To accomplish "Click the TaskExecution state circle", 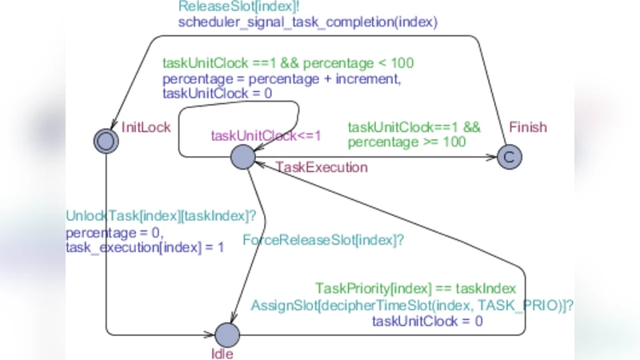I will pyautogui.click(x=242, y=157).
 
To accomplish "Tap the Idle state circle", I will pyautogui.click(x=227, y=334).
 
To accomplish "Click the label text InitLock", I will pyautogui.click(x=146, y=127).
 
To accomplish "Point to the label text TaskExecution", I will pyautogui.click(x=322, y=167).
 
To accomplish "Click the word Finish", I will pyautogui.click(x=528, y=127).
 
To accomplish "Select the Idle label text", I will pyautogui.click(x=222, y=353).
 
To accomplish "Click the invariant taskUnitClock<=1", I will pyautogui.click(x=266, y=135).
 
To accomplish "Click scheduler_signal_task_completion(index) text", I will pyautogui.click(x=308, y=22).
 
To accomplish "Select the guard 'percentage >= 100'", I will pyautogui.click(x=406, y=142).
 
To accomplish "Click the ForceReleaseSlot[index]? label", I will pyautogui.click(x=322, y=239).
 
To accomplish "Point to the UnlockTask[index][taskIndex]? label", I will pyautogui.click(x=161, y=217).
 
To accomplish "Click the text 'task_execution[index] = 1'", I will pyautogui.click(x=145, y=247).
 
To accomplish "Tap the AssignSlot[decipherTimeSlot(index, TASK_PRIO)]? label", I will pyautogui.click(x=413, y=305).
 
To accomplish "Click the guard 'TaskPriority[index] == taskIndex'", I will pyautogui.click(x=416, y=288).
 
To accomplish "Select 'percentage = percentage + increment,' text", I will pyautogui.click(x=281, y=78).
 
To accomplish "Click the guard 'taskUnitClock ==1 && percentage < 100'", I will pyautogui.click(x=288, y=62).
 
